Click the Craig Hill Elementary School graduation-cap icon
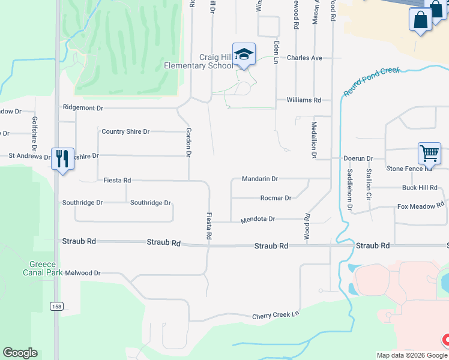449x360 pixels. (x=244, y=55)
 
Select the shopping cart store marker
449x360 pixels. (x=429, y=153)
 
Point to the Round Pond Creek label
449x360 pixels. (x=372, y=82)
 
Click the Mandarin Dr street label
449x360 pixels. (x=260, y=179)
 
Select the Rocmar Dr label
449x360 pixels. (x=276, y=198)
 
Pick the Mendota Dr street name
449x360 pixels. (x=258, y=220)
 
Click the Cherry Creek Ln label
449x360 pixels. (x=275, y=316)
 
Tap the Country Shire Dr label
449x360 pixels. (x=125, y=131)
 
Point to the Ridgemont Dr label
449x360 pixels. (x=83, y=108)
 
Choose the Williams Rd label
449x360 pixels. (x=304, y=100)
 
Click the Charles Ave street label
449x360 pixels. (x=304, y=58)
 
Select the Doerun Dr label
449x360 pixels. (x=358, y=159)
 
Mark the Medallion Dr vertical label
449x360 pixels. (x=314, y=139)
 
